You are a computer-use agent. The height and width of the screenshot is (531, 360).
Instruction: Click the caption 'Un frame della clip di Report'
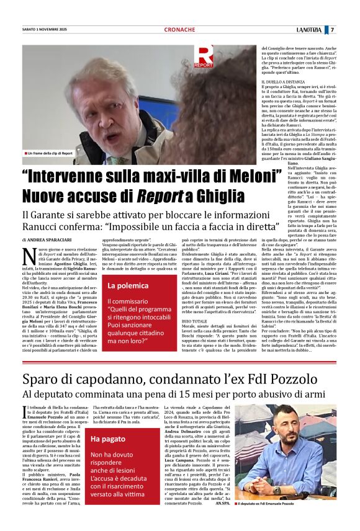pos(50,153)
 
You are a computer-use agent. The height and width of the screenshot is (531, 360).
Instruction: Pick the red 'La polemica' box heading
pos(129,286)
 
